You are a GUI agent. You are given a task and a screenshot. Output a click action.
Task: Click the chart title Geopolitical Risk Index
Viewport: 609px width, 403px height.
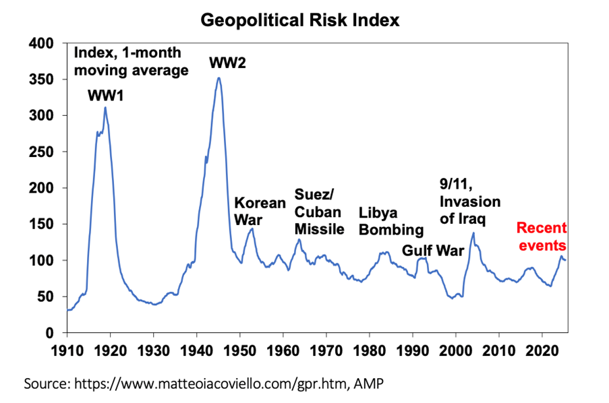(x=300, y=20)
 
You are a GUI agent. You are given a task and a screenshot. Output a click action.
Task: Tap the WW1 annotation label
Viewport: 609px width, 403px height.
(x=106, y=96)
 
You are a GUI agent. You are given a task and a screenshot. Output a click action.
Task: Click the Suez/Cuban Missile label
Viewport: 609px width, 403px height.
(x=320, y=212)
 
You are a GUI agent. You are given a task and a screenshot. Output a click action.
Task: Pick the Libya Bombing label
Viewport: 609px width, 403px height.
(x=391, y=221)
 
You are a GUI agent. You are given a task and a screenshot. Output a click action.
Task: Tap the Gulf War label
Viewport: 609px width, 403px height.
(x=434, y=251)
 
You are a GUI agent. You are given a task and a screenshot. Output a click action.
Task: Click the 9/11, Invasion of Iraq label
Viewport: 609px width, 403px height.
(x=469, y=201)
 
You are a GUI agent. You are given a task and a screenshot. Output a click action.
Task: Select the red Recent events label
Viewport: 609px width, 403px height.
(x=542, y=236)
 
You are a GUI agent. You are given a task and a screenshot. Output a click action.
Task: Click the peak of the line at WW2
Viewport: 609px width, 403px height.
(x=219, y=77)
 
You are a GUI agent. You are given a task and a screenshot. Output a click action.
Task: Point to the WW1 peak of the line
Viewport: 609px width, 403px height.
(x=105, y=108)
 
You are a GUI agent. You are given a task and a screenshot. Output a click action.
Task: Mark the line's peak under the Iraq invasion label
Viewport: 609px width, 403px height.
(x=473, y=233)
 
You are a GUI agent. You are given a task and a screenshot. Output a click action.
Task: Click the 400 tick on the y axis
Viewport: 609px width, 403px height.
(x=44, y=44)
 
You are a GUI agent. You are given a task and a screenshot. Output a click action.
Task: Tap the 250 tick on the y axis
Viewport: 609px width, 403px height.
(x=44, y=152)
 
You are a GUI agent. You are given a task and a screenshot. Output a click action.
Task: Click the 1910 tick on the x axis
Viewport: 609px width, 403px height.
(x=67, y=350)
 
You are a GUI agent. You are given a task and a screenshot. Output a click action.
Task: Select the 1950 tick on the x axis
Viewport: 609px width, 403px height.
(x=240, y=350)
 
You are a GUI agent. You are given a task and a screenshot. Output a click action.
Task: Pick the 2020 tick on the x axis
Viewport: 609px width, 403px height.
(x=542, y=350)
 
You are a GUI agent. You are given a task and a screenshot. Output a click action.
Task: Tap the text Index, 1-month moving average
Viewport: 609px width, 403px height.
(x=131, y=61)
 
